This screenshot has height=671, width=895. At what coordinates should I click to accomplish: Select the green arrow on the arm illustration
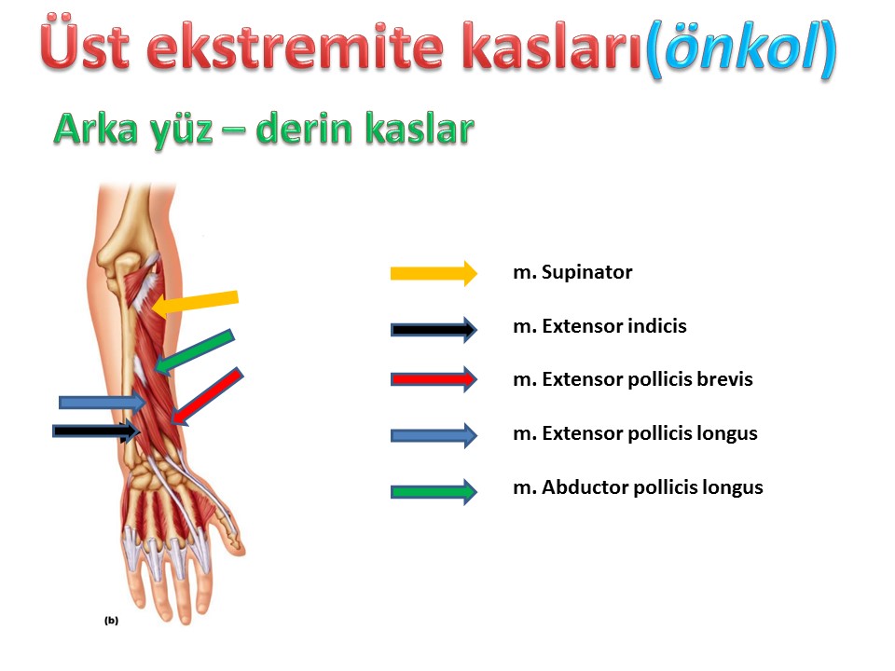[194, 351]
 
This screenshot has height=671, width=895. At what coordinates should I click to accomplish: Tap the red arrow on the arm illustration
[207, 396]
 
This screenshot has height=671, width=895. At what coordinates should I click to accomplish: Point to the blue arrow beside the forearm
[103, 403]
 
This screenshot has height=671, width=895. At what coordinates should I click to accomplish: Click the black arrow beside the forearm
[96, 431]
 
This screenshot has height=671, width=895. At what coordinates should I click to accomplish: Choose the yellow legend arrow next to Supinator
[434, 273]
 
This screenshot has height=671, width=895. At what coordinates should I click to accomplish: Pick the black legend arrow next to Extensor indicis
[434, 329]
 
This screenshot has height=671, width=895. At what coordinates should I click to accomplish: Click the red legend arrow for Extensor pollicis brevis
[434, 379]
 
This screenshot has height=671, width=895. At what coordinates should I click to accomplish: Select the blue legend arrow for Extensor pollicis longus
[434, 435]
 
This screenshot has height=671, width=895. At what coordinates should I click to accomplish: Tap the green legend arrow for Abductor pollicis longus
[434, 491]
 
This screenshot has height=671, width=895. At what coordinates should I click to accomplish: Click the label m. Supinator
[572, 273]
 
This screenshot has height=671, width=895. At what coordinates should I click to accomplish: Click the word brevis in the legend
[726, 379]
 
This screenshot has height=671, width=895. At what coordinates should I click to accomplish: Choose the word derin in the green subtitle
[304, 129]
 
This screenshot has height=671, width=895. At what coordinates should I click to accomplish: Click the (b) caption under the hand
[111, 621]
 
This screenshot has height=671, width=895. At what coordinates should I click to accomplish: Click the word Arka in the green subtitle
[96, 129]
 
